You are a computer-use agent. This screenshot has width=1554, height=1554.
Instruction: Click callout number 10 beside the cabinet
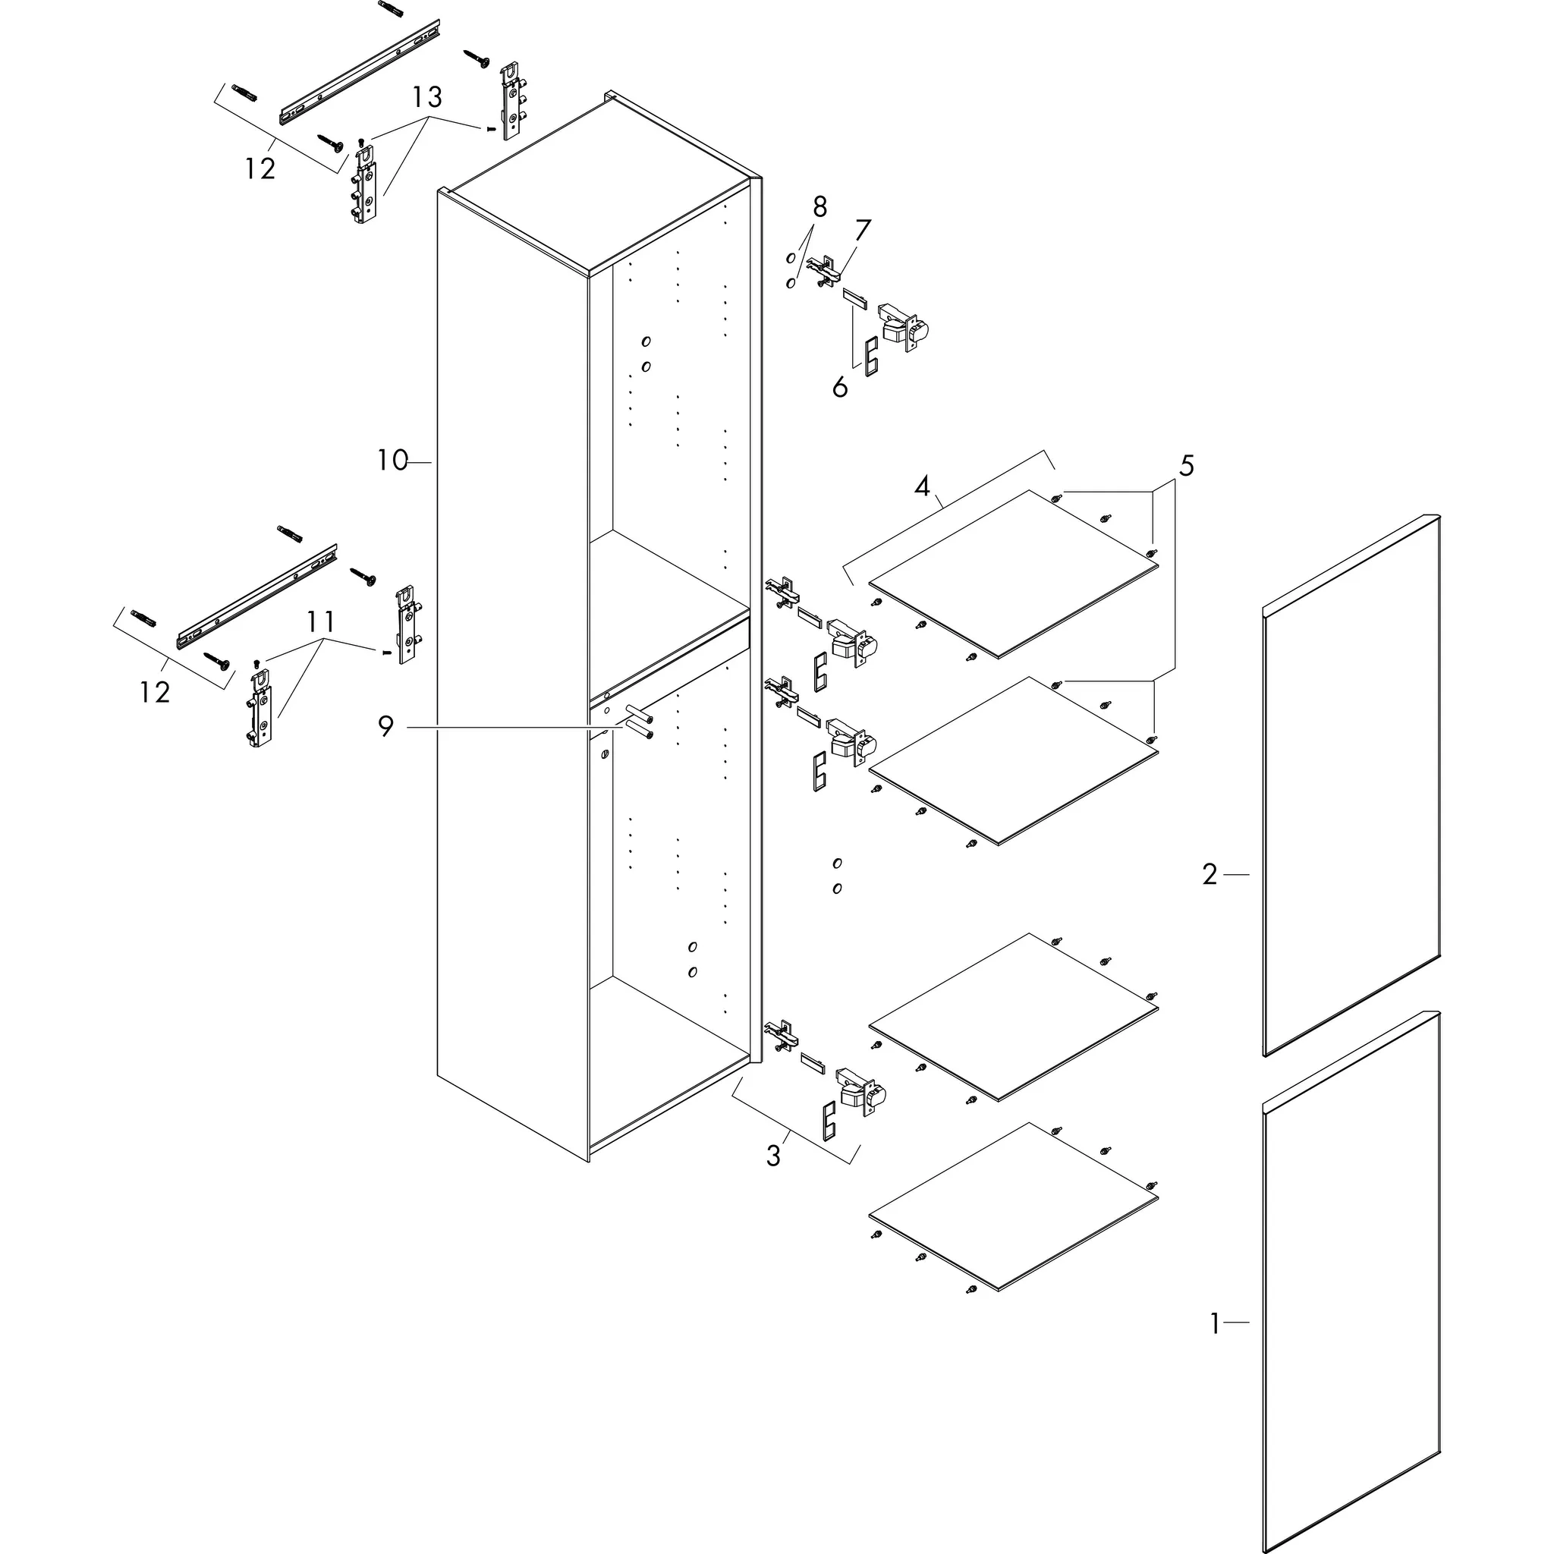tap(392, 461)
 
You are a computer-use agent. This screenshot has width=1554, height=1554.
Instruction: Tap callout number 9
tap(386, 727)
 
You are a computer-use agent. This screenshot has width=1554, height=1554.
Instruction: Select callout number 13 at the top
tap(427, 98)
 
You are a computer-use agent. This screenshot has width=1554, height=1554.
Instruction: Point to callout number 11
tap(320, 621)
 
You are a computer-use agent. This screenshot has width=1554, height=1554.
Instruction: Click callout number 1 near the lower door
tap(1215, 1323)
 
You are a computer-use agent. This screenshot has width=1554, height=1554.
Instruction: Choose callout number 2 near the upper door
tap(1210, 874)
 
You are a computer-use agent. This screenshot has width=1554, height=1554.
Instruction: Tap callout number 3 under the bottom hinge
tap(773, 1156)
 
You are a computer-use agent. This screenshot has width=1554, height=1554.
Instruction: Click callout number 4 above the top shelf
tap(922, 486)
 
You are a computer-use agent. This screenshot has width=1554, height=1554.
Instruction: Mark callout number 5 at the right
tap(1187, 466)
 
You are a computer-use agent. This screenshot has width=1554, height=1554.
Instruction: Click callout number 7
tap(862, 231)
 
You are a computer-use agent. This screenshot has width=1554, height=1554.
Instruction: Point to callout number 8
tap(819, 207)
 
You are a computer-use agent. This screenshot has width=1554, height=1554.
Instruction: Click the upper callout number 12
tap(260, 169)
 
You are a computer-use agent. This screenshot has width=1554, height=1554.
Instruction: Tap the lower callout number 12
tap(155, 693)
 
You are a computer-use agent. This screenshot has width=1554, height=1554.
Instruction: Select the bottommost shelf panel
tap(1014, 1206)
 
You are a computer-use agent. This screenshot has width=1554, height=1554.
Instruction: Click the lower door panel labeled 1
tap(1351, 1287)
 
